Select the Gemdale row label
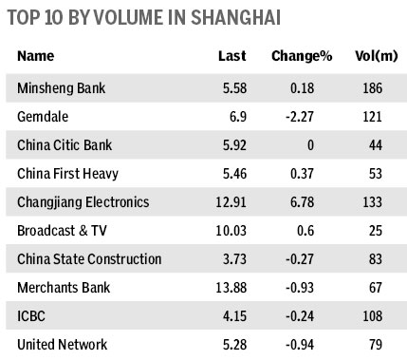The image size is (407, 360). pos(43,117)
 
